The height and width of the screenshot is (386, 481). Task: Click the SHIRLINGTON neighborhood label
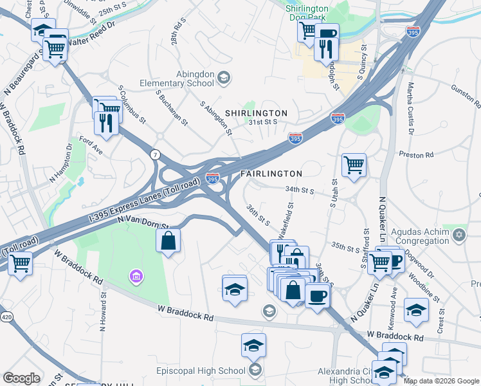(x=256, y=113)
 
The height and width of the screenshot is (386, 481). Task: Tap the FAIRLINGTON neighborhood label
(x=271, y=174)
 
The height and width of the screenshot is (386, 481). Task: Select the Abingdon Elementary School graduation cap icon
(x=224, y=78)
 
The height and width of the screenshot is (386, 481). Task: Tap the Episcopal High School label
(x=201, y=371)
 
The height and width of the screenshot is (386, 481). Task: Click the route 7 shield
(x=154, y=155)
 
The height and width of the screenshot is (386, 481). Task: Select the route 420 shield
(x=6, y=317)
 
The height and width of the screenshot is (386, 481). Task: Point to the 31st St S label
(x=264, y=122)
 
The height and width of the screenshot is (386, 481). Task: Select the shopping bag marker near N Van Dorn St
(x=168, y=241)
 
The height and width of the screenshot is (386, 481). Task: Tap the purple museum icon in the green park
(x=136, y=277)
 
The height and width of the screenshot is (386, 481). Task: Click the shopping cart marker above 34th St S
(x=354, y=166)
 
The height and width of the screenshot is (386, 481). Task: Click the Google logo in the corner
(x=21, y=378)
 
